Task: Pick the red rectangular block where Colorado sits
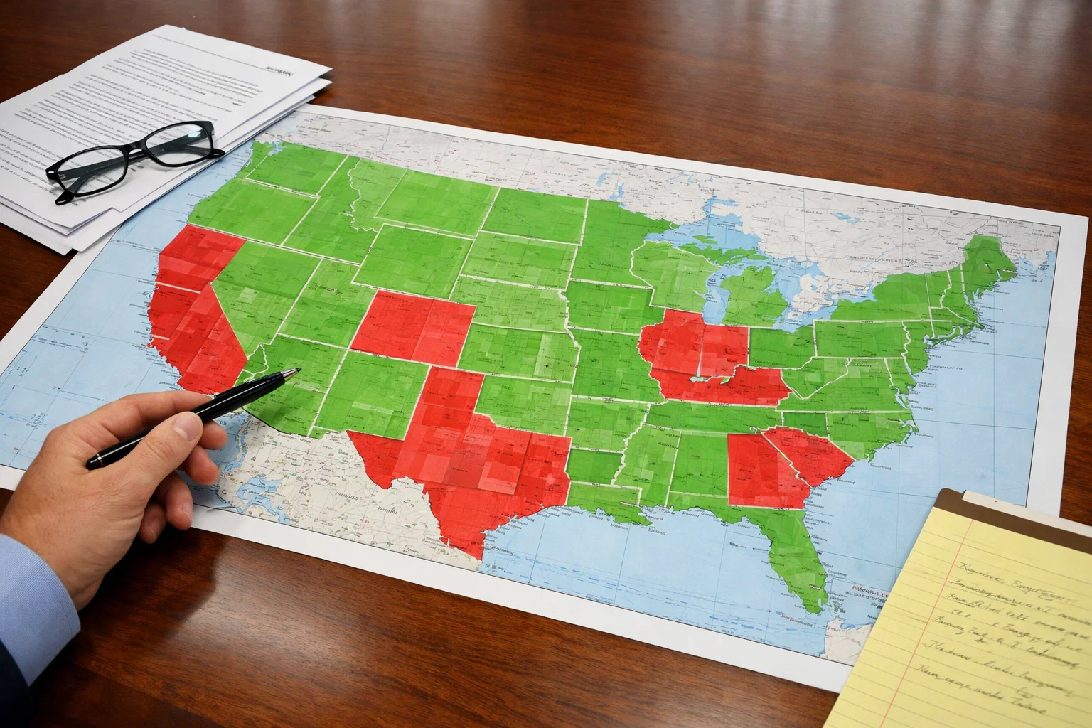point(412,327)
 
